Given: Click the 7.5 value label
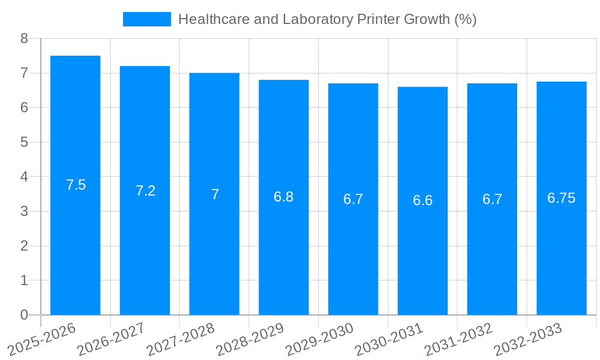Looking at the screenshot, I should [76, 185].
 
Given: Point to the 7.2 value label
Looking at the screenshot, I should [145, 191].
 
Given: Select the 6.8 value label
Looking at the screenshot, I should [283, 197].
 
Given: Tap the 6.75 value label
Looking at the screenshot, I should [562, 198].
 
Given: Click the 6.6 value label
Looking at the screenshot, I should [422, 200].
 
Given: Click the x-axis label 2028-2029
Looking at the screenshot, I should [250, 338].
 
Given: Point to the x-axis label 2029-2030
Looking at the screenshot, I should [320, 338].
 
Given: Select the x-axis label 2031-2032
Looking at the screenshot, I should [459, 338].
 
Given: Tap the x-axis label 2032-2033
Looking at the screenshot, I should [528, 338].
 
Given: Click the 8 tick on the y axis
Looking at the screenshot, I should [24, 38].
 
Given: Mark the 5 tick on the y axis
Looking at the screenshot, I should [24, 142].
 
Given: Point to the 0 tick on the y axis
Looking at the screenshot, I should [24, 315].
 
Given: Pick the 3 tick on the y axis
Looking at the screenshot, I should [24, 211].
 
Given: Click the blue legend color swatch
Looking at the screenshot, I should [146, 19].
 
